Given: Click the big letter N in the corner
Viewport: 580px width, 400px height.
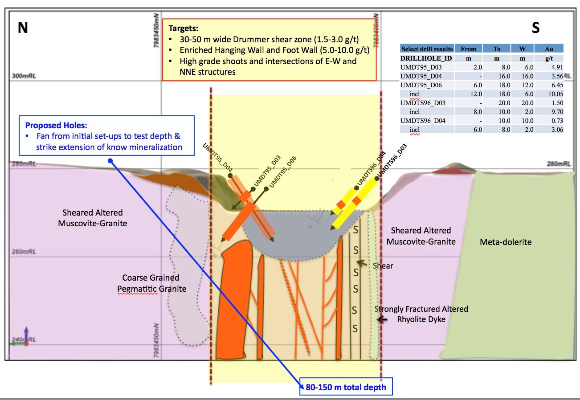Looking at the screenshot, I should point(23,28).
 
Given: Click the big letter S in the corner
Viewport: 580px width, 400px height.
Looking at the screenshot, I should point(535,28).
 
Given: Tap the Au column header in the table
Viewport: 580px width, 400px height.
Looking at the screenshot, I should point(548,49).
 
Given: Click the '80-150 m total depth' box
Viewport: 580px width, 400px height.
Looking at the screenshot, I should point(346,387).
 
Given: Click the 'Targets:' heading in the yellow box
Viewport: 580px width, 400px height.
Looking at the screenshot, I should point(184,28).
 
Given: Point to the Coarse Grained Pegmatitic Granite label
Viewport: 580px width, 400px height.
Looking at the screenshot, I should point(151,283).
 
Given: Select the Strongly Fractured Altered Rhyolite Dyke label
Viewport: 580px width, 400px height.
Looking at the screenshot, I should point(421,314).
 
